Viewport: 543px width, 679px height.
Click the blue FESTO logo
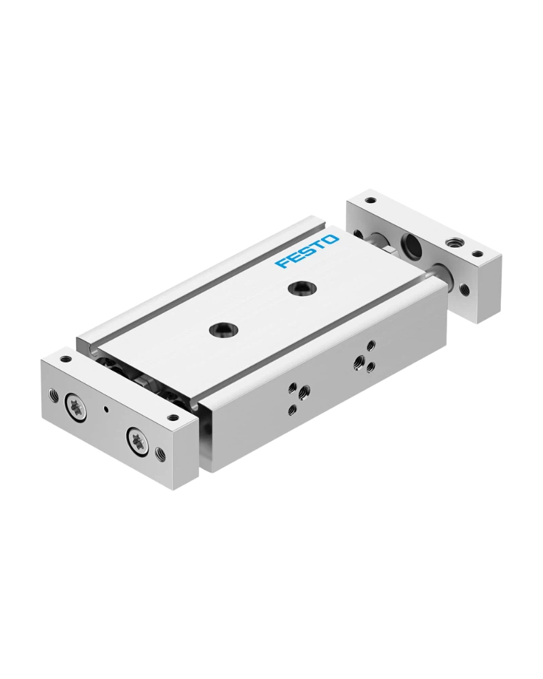click(x=307, y=252)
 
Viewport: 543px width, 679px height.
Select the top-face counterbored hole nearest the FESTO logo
click(x=299, y=287)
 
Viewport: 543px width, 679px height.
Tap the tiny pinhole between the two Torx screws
click(x=105, y=408)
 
